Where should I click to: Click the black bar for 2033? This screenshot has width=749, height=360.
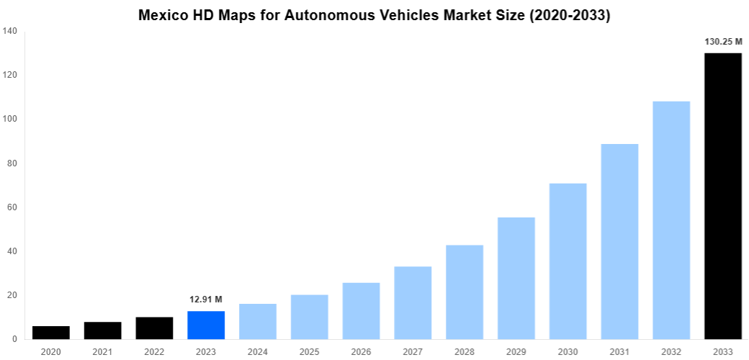pos(722,196)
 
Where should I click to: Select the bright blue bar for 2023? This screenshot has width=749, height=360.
pos(206,325)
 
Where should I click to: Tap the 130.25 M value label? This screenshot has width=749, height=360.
pos(722,42)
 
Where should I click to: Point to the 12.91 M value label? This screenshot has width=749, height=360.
pos(206,300)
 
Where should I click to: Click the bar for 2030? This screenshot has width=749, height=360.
pos(568,261)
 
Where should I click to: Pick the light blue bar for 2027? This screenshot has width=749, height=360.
pos(413,302)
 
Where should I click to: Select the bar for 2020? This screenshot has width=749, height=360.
pos(51,333)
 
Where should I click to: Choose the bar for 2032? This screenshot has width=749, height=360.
pos(671,220)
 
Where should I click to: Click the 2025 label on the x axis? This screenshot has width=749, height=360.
pos(310,351)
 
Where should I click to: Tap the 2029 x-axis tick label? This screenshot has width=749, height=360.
pos(516,351)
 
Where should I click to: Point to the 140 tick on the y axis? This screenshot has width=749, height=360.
pos(10,31)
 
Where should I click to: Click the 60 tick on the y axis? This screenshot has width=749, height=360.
pos(12,207)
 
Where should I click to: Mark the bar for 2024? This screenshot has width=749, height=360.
pos(258,321)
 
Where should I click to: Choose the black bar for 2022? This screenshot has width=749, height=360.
pos(154,328)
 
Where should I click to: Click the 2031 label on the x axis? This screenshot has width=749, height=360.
pos(619,351)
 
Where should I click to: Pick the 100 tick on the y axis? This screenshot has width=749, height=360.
pos(10,119)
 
